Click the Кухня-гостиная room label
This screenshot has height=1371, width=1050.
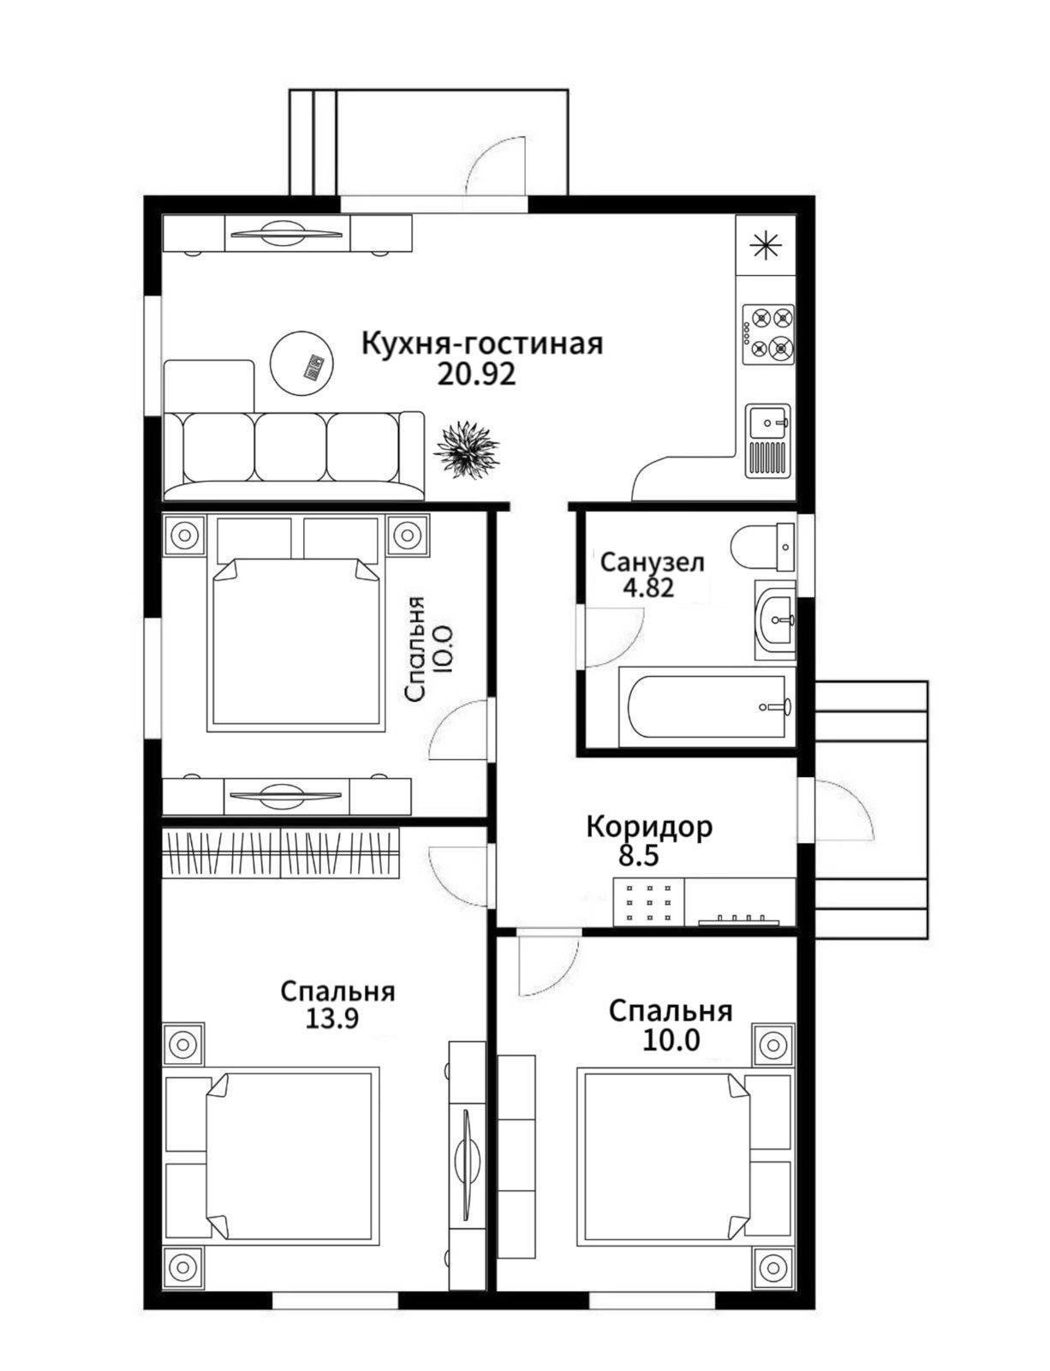482,344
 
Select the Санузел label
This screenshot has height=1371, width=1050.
652,562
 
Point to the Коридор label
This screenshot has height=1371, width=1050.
649,827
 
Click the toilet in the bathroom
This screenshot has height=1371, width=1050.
764,546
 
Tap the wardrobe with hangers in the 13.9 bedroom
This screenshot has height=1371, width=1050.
281,853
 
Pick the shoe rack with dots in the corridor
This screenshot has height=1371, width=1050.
649,903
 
